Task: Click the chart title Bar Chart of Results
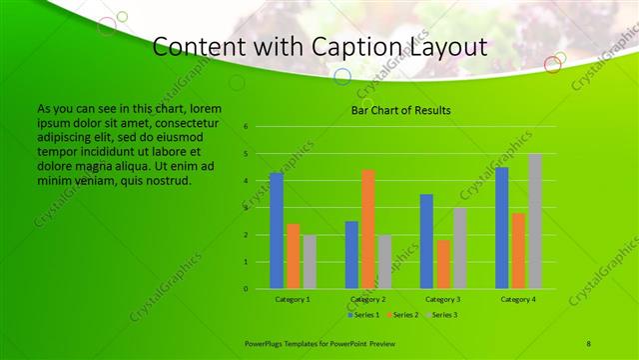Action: coord(400,110)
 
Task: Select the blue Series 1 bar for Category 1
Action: coord(277,231)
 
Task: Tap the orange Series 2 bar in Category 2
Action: coord(368,229)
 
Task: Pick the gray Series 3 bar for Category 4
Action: coord(535,221)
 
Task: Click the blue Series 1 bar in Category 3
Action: coord(426,241)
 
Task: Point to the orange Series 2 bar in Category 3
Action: coord(443,264)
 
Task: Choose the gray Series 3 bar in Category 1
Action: coord(310,262)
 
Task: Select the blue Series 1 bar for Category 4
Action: coord(502,228)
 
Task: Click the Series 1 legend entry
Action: coord(365,314)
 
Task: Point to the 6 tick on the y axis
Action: coord(246,127)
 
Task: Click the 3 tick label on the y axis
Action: coord(246,208)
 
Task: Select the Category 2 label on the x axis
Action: coord(368,299)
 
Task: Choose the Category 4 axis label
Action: coord(518,299)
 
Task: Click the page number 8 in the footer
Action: coord(589,343)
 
